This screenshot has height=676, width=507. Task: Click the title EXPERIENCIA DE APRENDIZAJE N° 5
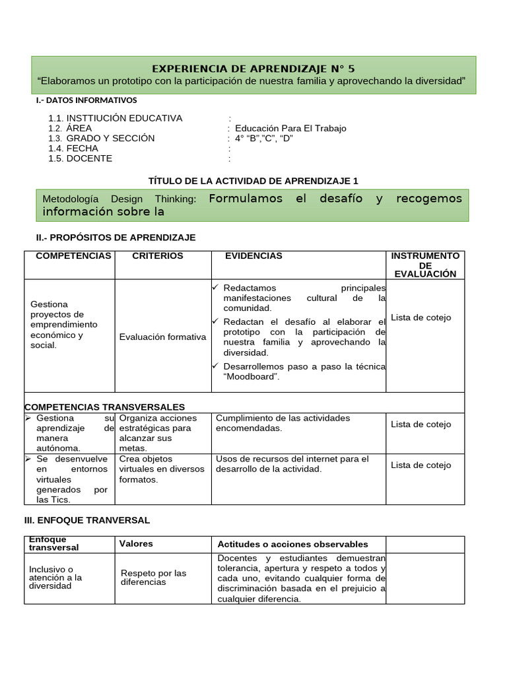(253, 69)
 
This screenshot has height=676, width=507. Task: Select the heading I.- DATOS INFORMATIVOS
(86, 100)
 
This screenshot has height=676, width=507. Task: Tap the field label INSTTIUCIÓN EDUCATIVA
(124, 118)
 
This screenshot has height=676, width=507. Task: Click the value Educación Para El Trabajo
(290, 129)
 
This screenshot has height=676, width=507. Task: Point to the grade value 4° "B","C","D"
(264, 139)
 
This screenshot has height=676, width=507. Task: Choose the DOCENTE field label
(89, 158)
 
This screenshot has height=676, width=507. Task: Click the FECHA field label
(82, 149)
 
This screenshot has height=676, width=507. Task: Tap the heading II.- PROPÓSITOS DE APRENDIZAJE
(116, 238)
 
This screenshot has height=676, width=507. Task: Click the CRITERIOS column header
(158, 256)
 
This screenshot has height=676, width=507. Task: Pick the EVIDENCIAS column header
(253, 256)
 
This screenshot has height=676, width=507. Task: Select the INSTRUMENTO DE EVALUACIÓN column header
(425, 265)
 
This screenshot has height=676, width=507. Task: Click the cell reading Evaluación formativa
(162, 337)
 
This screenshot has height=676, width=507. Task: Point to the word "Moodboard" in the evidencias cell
(252, 377)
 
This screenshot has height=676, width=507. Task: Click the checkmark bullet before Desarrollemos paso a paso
(215, 366)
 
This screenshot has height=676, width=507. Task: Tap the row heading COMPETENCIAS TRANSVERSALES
(104, 407)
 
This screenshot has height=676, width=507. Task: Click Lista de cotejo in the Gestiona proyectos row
(421, 318)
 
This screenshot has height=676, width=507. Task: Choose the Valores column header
(136, 544)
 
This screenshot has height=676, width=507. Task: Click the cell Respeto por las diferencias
(153, 578)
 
